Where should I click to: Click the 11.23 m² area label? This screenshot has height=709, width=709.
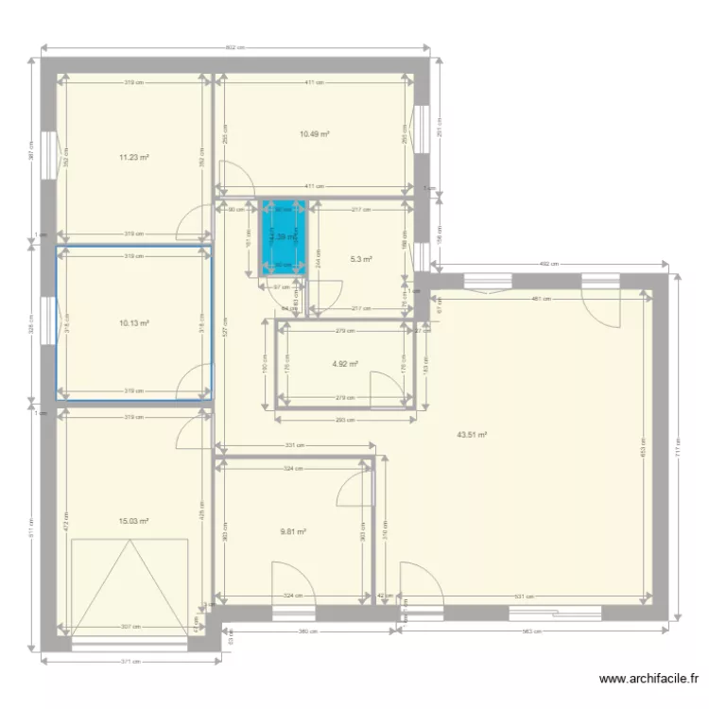pos(134,158)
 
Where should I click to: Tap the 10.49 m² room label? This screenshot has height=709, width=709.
pos(314,134)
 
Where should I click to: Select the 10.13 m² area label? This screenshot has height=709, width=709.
pos(134,322)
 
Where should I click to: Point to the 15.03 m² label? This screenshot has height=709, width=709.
pos(134,520)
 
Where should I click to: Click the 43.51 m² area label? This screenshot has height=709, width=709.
pos(471,435)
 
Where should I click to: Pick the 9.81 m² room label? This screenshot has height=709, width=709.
pos(293,531)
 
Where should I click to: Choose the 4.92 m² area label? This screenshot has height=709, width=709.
pos(345,364)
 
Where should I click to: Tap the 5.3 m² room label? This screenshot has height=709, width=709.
pos(361,258)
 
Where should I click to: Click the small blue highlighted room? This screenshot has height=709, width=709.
pos(285,238)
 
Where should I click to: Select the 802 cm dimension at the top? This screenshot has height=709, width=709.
pos(235,48)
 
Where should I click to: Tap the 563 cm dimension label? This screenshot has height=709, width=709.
pos(529,631)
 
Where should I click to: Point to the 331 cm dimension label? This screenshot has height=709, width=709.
pos(295,445)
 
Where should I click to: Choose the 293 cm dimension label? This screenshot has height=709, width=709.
pos(345,419)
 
